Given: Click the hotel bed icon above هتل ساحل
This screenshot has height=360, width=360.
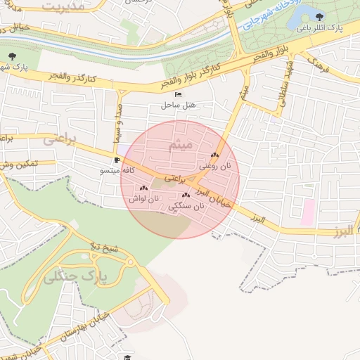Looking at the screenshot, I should (x=178, y=94).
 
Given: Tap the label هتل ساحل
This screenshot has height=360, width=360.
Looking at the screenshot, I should (x=177, y=105).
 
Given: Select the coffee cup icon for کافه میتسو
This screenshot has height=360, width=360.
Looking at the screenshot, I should (x=116, y=160).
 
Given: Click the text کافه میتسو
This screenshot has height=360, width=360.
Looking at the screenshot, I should (x=115, y=171).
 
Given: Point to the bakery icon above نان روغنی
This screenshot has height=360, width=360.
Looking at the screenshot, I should (x=214, y=155).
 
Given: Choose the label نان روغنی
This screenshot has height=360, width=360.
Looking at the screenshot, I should (x=214, y=167).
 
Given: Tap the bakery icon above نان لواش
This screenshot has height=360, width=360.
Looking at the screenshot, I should (x=143, y=188).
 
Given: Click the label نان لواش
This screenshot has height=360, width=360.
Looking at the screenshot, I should (x=141, y=199).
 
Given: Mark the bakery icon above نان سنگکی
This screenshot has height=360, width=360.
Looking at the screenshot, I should (x=186, y=195).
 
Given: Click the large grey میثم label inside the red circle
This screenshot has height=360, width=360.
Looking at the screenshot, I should (x=181, y=144).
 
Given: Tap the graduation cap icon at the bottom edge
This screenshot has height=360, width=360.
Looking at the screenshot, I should (x=127, y=357).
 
